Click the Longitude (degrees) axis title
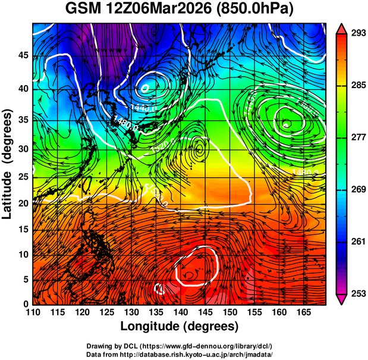pyautogui.click(x=180, y=326)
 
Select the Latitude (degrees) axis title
pyautogui.click(x=8, y=162)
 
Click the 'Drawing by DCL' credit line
pyautogui.click(x=180, y=346)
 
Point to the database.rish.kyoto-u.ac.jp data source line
pyautogui.click(x=180, y=354)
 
